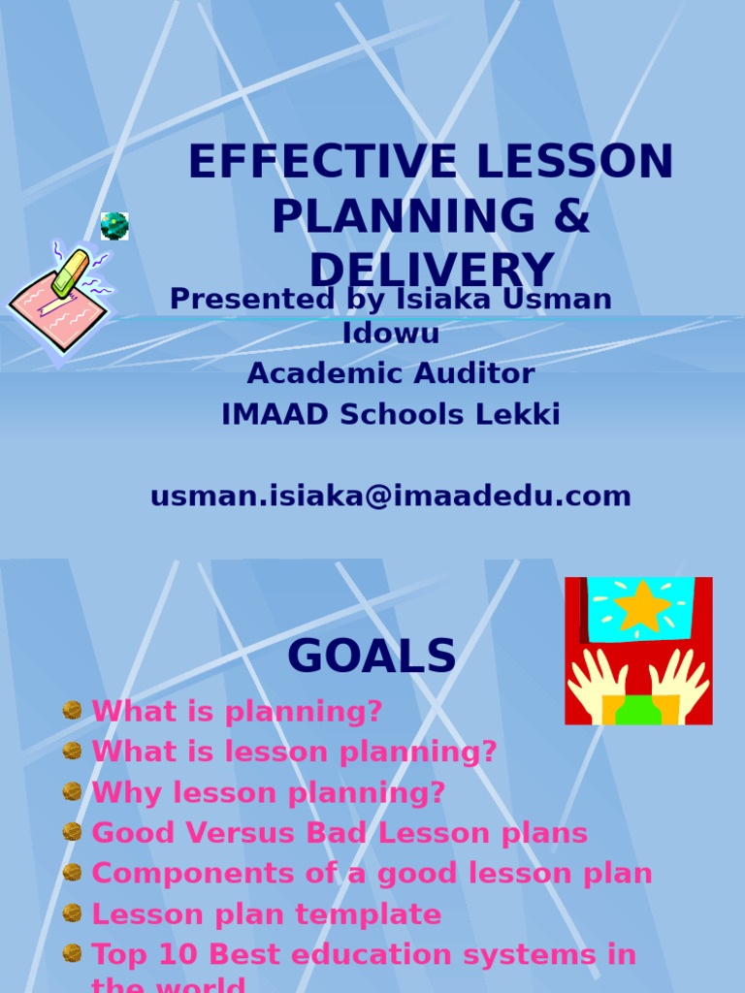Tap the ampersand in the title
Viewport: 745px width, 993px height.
[x=571, y=216]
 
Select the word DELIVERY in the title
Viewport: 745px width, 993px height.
[x=431, y=268]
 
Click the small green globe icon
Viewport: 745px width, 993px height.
[x=114, y=226]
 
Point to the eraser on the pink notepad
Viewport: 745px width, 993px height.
[x=70, y=272]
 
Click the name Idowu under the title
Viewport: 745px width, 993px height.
[x=391, y=333]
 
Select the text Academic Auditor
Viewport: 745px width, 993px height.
[x=391, y=373]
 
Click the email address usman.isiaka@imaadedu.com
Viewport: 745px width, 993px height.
[x=391, y=496]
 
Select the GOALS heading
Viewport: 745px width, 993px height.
[x=372, y=657]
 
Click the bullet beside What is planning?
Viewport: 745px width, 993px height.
[x=72, y=711]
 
